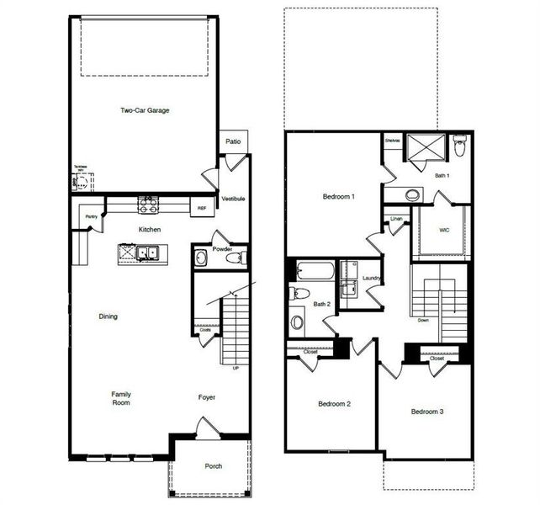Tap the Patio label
pos(233,141)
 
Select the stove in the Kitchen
pos(149,205)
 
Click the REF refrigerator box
pos(202,207)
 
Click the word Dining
pos(108,316)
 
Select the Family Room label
pos(121,398)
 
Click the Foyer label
pos(207,397)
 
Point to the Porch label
pos(214,466)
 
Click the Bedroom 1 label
pos(339,197)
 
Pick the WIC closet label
pos(445,229)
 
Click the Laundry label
pos(372,278)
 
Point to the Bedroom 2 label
pos(334,404)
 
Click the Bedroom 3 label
pos(427,412)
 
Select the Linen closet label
pos(397,220)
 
